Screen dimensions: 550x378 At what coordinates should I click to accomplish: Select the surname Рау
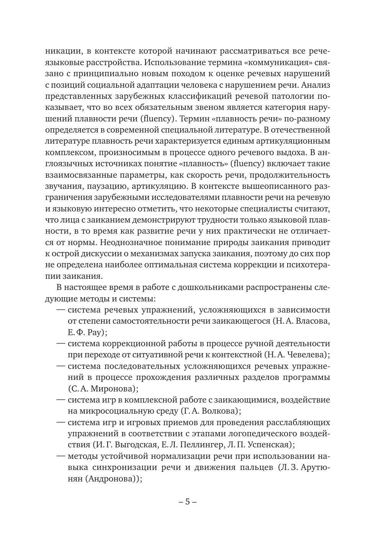pos(93,332)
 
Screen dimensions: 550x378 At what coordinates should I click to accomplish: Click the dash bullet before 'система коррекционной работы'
pos(61,344)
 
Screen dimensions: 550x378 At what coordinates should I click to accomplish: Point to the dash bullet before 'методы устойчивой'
pos(61,456)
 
